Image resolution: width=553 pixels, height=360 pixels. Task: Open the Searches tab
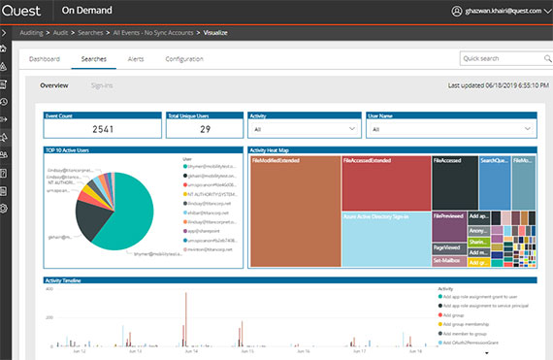point(94,59)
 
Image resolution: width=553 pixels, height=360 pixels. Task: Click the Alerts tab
point(136,59)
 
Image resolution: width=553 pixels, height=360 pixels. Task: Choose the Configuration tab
point(183,59)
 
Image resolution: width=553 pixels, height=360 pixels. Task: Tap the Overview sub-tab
point(53,85)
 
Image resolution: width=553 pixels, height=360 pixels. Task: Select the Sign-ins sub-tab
point(102,85)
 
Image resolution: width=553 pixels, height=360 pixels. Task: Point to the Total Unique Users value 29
point(205,128)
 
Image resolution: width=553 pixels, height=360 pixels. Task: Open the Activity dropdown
point(304,128)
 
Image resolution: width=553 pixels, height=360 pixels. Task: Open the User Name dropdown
point(449,128)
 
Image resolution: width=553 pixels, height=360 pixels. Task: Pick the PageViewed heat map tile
point(448,247)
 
